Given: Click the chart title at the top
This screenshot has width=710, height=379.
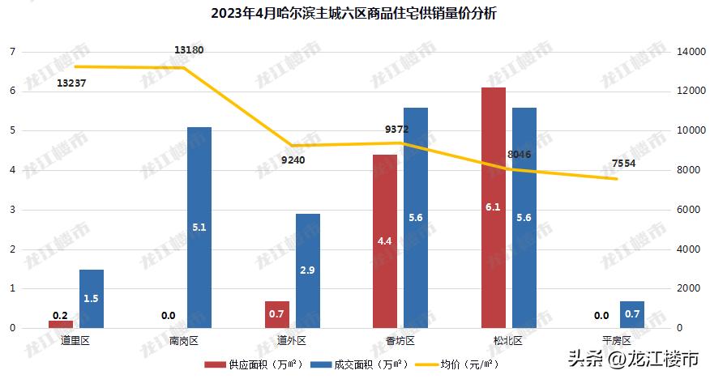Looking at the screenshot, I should [x=355, y=14].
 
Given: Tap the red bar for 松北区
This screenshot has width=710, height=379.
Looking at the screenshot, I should [x=493, y=207].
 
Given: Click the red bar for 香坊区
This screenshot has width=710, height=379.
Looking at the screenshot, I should [x=385, y=241].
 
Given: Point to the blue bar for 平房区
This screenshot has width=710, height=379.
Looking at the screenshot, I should [x=632, y=314].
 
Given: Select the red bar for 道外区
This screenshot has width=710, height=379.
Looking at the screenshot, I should [x=277, y=314].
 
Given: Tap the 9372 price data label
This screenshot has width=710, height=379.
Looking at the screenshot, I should [x=397, y=129].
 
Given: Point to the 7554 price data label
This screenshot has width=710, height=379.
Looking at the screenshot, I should [x=623, y=163].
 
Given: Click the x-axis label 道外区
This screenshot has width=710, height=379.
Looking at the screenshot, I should [x=291, y=341].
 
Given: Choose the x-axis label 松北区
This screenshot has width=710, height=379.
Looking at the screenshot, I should [x=507, y=341].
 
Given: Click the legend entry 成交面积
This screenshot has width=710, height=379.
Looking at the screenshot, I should [x=360, y=365].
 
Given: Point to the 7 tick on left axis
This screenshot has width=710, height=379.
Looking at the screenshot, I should [x=12, y=52].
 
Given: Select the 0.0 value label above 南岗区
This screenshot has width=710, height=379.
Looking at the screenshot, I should [x=169, y=316].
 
